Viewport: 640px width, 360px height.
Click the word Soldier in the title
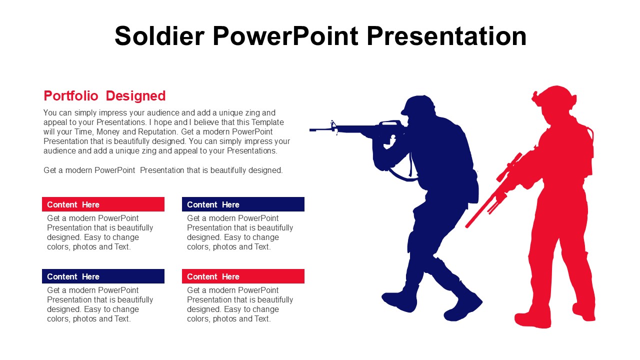159,36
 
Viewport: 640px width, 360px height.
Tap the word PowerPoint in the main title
285,36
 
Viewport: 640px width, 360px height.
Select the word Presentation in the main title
446,36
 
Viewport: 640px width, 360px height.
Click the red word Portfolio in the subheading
71,95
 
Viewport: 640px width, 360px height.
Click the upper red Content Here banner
103,204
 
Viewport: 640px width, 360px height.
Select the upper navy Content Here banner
243,204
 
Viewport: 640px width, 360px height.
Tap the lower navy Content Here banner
103,276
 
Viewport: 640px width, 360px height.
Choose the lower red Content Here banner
243,276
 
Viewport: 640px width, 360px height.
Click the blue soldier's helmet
418,105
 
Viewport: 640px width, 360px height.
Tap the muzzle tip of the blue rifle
310,130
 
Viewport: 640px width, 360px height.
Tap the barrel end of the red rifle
467,226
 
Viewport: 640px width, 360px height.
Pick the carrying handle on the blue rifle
389,123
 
